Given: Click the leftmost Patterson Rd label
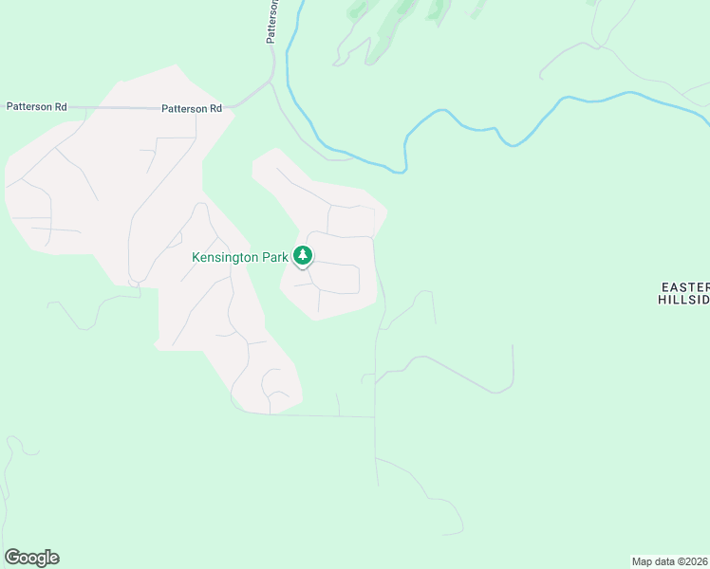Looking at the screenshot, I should click(36, 107).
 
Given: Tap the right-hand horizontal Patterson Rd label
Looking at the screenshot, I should click(192, 108).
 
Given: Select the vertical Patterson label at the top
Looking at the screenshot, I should click(272, 21).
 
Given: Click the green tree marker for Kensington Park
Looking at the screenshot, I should click(303, 255).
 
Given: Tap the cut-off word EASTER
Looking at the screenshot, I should click(685, 286).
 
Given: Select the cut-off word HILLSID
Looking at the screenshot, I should click(683, 299).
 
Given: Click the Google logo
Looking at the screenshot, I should click(31, 558).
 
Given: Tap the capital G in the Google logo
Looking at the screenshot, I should click(12, 558).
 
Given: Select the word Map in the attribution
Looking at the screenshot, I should click(643, 561).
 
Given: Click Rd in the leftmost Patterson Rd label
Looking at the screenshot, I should click(60, 107).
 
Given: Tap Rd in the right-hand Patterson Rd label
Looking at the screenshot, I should click(215, 108).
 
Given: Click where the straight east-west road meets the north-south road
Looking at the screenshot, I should click(375, 416).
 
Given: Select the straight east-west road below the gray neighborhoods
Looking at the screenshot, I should click(313, 415).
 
